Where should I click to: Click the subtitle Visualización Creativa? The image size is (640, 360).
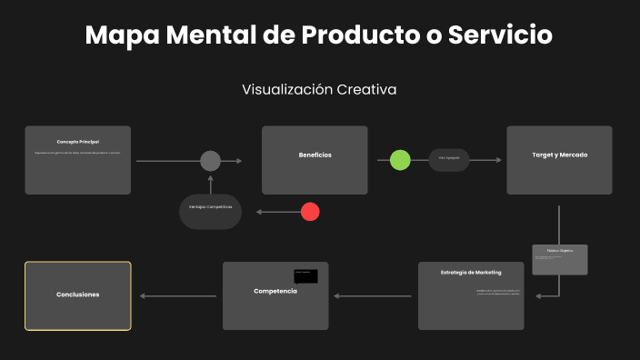(x=319, y=90)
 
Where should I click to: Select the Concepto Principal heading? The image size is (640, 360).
(x=77, y=142)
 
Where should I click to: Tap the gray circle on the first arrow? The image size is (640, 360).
(x=210, y=161)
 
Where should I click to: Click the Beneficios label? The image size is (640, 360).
(x=315, y=155)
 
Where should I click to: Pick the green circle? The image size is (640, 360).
(x=400, y=160)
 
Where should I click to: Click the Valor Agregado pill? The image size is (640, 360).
(x=449, y=159)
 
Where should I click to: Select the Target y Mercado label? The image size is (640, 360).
(x=559, y=155)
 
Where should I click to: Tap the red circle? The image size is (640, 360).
(x=310, y=212)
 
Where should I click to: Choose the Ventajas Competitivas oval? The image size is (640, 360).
(x=210, y=208)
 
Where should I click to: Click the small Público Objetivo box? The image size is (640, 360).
(x=559, y=259)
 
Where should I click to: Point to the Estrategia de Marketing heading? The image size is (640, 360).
(x=470, y=273)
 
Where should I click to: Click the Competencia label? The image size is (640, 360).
(x=275, y=291)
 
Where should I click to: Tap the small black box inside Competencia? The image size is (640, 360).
(x=305, y=275)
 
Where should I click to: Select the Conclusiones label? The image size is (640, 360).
(x=77, y=295)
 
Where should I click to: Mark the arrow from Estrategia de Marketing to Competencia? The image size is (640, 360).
(x=374, y=296)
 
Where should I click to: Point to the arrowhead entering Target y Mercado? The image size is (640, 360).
(x=498, y=160)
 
